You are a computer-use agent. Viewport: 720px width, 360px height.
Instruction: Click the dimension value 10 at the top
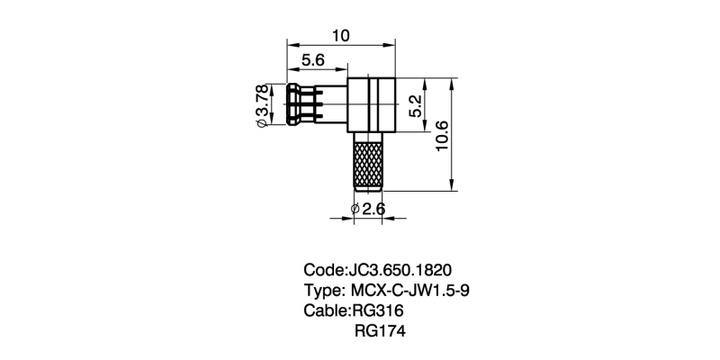[x=341, y=35]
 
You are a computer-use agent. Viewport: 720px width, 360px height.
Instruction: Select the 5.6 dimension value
[x=313, y=59]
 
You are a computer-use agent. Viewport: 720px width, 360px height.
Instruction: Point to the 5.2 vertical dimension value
[x=415, y=106]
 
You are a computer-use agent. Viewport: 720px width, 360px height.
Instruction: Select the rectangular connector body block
[x=371, y=104]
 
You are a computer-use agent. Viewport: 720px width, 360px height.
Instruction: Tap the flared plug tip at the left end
[x=293, y=104]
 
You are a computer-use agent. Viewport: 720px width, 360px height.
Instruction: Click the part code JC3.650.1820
[x=400, y=270]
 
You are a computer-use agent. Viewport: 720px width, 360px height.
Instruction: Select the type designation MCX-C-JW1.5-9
[x=410, y=291]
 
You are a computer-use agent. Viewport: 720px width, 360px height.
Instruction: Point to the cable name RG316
[x=377, y=310]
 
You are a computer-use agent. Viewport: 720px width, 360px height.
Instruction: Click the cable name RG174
[x=380, y=331]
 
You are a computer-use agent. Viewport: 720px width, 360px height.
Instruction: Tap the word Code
[x=323, y=270]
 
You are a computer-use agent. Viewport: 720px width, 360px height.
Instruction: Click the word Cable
[x=325, y=310]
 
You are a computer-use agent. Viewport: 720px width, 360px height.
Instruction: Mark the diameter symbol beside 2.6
[x=355, y=210]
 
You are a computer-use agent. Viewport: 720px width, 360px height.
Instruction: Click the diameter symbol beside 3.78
[x=261, y=123]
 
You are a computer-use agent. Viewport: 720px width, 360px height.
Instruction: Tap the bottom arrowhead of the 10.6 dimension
[x=453, y=185]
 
